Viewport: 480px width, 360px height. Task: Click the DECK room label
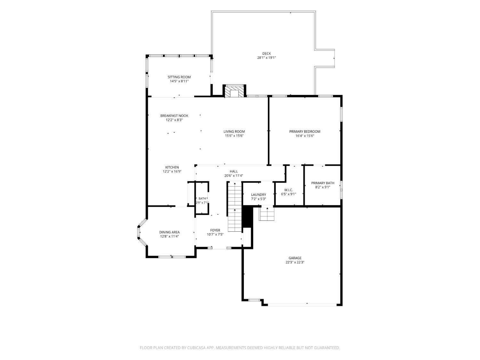[x=266, y=53]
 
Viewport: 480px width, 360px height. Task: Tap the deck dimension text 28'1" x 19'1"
[x=266, y=58]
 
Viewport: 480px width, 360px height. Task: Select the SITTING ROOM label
[x=179, y=77]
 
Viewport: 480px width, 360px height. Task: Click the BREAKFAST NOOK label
[x=174, y=116]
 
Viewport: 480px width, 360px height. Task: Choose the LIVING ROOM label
[x=234, y=132]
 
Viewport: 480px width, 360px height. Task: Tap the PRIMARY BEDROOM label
[x=305, y=132]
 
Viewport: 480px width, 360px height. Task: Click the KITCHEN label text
[x=172, y=167]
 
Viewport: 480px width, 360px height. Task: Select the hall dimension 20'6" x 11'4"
[x=234, y=175]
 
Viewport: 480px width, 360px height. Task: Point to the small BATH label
[x=202, y=198]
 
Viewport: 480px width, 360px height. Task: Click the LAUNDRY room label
[x=259, y=195]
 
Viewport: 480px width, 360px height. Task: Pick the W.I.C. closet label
[x=288, y=190]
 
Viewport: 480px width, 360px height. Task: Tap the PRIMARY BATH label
[x=323, y=183]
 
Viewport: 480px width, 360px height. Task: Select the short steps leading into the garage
[x=267, y=213]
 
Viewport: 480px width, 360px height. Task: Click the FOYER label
[x=215, y=230]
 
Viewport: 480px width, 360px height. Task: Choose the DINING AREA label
[x=169, y=232]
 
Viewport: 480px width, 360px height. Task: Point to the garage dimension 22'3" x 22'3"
[x=295, y=262]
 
